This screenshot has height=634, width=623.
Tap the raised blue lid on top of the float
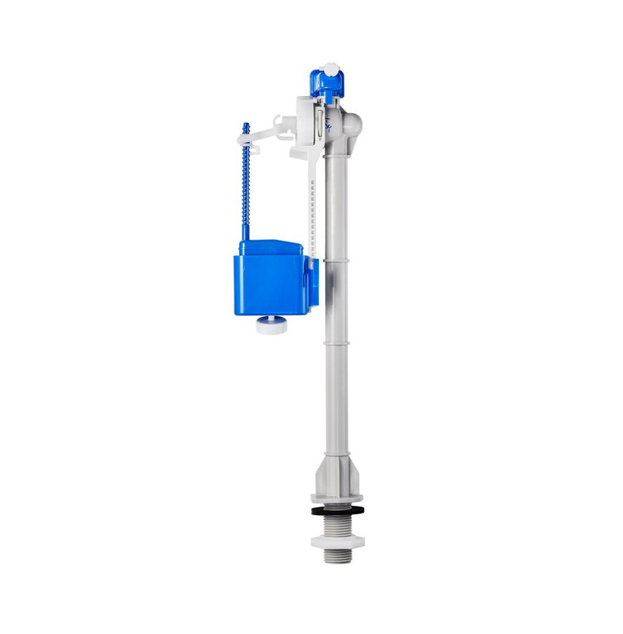coord(269,246)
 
